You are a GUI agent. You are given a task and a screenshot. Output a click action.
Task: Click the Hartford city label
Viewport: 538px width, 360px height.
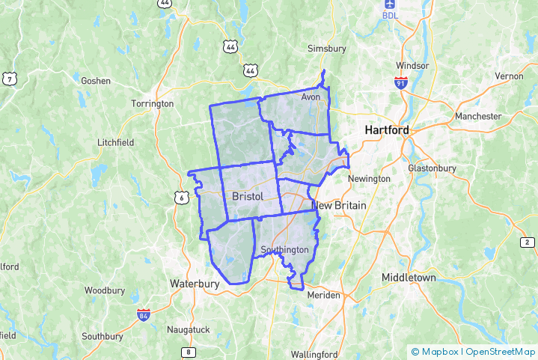[387, 130]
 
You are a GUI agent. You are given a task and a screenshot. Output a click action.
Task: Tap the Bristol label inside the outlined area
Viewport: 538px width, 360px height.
[248, 196]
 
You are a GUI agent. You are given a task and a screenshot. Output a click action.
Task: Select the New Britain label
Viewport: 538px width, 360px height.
[338, 205]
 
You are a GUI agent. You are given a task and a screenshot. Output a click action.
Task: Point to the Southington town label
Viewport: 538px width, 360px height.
[284, 249]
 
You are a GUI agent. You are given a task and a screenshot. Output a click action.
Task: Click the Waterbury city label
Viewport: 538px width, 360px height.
[195, 284]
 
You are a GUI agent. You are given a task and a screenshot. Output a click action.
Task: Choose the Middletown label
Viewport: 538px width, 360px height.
[409, 277]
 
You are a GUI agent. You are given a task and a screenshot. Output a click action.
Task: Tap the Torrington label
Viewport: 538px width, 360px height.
[152, 103]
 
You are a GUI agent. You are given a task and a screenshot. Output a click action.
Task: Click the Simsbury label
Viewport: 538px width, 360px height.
[327, 49]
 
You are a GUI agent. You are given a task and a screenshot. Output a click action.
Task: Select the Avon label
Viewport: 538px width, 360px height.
[311, 97]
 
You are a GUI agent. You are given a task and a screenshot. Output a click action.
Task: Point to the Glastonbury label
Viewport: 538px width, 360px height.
[432, 168]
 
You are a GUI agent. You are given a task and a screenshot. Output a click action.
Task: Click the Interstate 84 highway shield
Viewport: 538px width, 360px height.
[143, 315]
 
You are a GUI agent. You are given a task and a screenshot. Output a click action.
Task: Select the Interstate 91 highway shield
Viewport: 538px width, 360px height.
[402, 82]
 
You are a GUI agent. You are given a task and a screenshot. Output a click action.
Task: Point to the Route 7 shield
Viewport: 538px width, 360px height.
[10, 79]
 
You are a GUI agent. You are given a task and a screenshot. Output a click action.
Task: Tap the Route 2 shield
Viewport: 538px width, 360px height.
[527, 242]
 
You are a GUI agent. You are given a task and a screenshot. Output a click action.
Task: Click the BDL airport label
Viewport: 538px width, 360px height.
[390, 15]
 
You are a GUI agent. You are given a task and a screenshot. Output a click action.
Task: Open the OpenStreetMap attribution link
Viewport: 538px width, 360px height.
[500, 351]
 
